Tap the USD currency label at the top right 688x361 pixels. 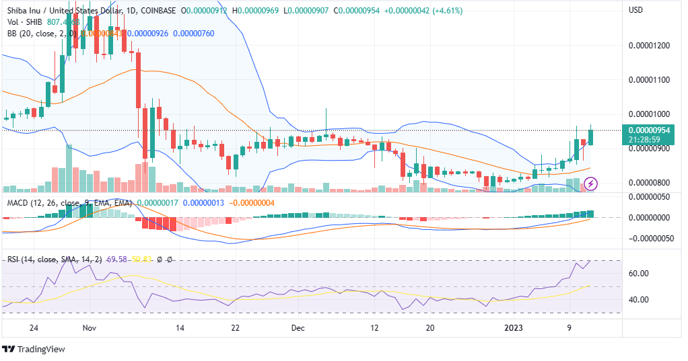(x=636, y=10)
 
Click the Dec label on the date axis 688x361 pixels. (x=298, y=328)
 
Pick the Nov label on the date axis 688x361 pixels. (x=90, y=328)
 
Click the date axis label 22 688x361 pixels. (x=235, y=328)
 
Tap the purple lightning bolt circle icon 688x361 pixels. (x=590, y=182)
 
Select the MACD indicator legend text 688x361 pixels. (x=67, y=202)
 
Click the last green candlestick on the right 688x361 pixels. (x=591, y=137)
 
